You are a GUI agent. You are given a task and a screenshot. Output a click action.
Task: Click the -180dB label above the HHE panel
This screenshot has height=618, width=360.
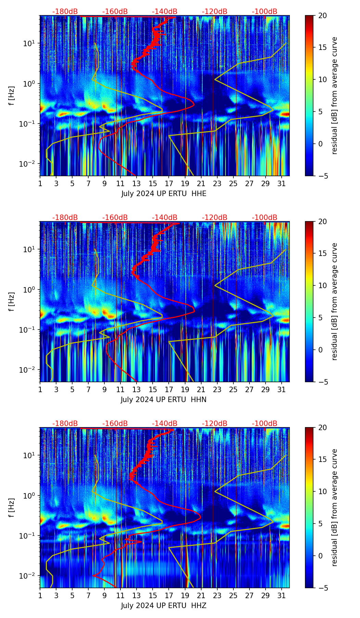pyautogui.click(x=65, y=12)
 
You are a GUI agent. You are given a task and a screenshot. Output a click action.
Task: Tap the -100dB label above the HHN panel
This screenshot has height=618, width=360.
pyautogui.click(x=265, y=218)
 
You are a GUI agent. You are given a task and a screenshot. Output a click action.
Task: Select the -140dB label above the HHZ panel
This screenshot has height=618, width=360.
pyautogui.click(x=165, y=424)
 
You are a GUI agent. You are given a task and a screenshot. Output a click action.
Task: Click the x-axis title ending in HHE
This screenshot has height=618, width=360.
pyautogui.click(x=164, y=194)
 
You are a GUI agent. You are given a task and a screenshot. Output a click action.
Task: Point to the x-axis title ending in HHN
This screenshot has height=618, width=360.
pyautogui.click(x=163, y=400)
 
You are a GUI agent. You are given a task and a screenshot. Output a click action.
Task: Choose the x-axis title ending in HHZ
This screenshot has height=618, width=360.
pyautogui.click(x=163, y=606)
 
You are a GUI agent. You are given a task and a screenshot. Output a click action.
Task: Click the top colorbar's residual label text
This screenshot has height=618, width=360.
pyautogui.click(x=334, y=95)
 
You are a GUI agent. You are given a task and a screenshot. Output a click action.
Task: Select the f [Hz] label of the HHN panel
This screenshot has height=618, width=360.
pyautogui.click(x=12, y=301)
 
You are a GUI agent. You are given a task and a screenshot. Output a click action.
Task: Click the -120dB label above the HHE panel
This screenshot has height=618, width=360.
pyautogui.click(x=215, y=12)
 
